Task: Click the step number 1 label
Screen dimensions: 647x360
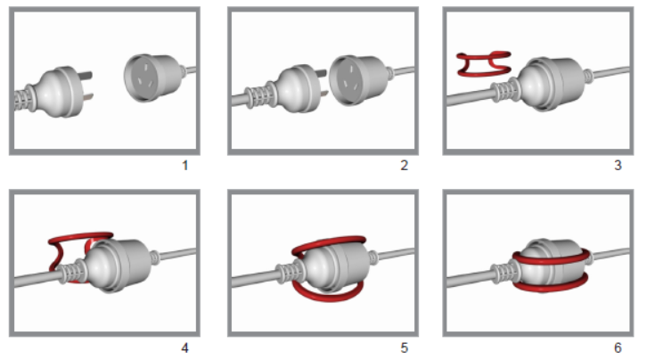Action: tap(184, 166)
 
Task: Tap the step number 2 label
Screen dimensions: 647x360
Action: tap(405, 166)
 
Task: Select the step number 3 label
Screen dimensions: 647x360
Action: tap(618, 166)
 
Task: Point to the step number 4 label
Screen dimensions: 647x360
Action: tap(184, 348)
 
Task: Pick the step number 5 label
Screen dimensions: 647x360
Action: tap(405, 348)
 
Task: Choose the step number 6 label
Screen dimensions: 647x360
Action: tap(618, 348)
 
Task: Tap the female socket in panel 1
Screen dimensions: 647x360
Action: tap(155, 78)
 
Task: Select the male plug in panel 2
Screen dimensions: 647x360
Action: tap(284, 90)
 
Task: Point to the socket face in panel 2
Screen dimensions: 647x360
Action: tap(346, 82)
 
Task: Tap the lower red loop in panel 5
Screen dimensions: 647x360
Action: tap(328, 293)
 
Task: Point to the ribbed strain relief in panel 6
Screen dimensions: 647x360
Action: tap(504, 272)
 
